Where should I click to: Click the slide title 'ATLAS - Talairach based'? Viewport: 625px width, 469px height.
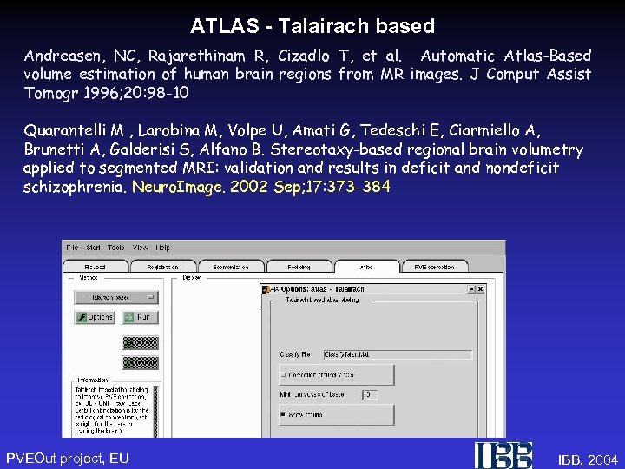[x=312, y=26]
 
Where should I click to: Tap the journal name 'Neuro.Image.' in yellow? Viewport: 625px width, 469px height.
[x=169, y=186]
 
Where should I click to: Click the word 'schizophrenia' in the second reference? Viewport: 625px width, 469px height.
[x=75, y=186]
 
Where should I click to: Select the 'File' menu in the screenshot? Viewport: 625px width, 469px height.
[x=71, y=248]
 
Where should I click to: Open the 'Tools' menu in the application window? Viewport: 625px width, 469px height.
[x=116, y=248]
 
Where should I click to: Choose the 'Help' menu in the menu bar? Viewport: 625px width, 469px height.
[x=162, y=248]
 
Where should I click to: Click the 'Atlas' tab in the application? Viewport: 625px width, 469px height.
[x=366, y=267]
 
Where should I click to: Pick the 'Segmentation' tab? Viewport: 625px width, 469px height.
[x=232, y=267]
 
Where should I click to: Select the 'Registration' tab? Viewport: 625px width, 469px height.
[x=162, y=267]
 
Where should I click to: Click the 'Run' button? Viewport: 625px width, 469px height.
[x=140, y=317]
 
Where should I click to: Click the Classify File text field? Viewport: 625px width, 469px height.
[x=359, y=354]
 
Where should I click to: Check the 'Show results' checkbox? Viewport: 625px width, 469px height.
[x=284, y=415]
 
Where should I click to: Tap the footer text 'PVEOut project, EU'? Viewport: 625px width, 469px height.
[x=68, y=458]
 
